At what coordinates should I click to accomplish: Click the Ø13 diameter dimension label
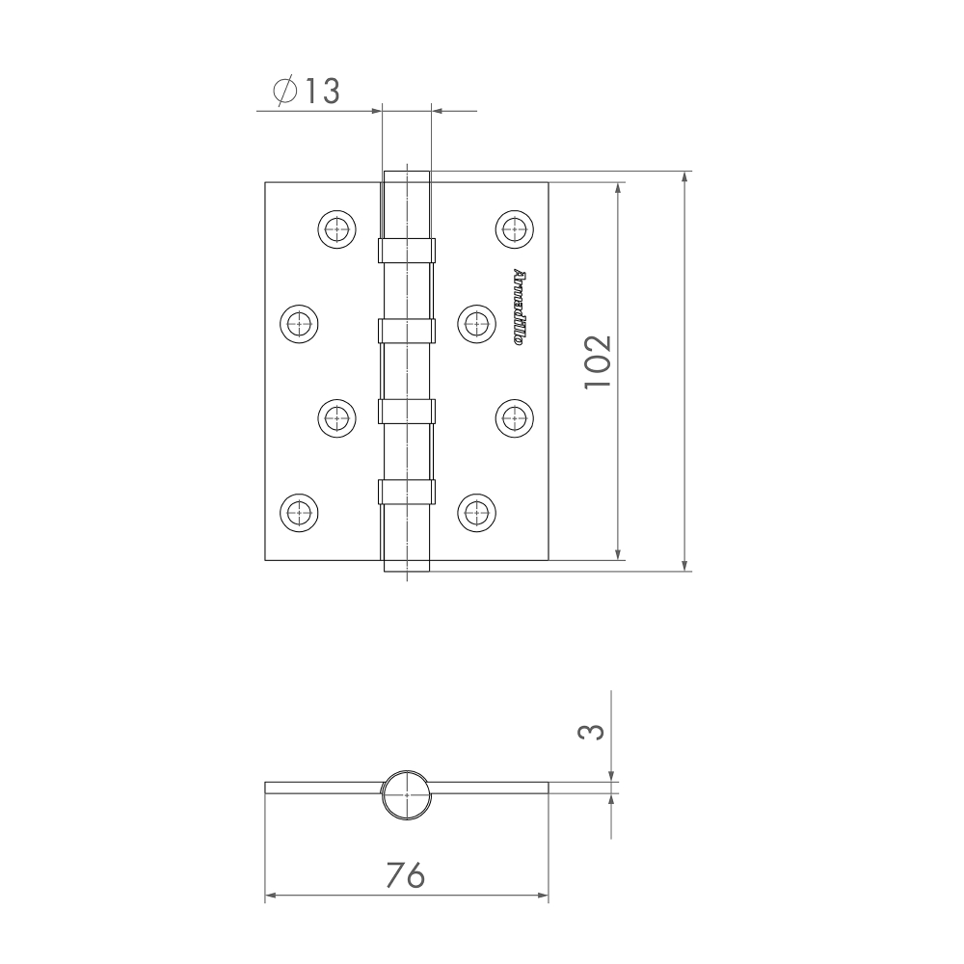[307, 92]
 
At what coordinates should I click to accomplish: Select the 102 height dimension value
[597, 361]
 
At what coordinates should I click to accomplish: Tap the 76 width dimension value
[405, 874]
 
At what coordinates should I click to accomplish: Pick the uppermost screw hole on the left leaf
[335, 228]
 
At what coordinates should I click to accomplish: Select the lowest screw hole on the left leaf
[298, 511]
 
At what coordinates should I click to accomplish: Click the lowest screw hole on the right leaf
[475, 511]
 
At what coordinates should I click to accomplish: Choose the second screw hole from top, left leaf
[298, 322]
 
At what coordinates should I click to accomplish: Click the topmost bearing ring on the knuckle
[406, 251]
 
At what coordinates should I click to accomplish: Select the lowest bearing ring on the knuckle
[406, 491]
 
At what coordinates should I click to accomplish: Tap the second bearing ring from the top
[406, 331]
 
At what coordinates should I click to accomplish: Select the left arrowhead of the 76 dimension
[270, 897]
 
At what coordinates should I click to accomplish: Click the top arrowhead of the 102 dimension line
[618, 187]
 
